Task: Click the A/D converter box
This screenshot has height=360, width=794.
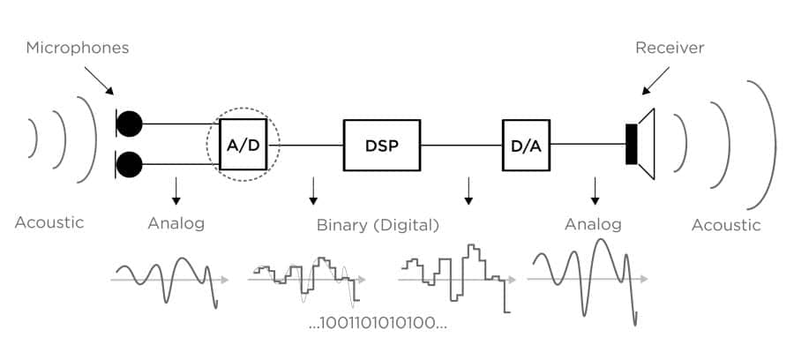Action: pyautogui.click(x=243, y=144)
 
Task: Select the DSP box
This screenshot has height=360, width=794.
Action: pyautogui.click(x=382, y=144)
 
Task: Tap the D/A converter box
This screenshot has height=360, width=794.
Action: pyautogui.click(x=526, y=144)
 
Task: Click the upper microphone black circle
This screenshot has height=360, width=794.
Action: pyautogui.click(x=130, y=124)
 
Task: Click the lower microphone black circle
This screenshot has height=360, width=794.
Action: pyautogui.click(x=130, y=164)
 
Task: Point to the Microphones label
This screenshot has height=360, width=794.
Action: pyautogui.click(x=77, y=48)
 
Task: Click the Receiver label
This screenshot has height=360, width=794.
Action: pyautogui.click(x=670, y=48)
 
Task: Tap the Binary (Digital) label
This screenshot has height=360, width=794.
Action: pyautogui.click(x=378, y=225)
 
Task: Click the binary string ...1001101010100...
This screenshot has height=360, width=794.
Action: pyautogui.click(x=378, y=322)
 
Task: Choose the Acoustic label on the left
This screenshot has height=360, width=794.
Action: pyautogui.click(x=49, y=222)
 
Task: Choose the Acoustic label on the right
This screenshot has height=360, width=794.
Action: pyautogui.click(x=725, y=225)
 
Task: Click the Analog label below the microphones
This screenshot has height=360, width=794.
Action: pyautogui.click(x=176, y=223)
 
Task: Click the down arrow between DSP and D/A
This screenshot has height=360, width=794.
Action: pyautogui.click(x=468, y=189)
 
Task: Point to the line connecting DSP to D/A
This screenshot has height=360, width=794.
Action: pyautogui.click(x=461, y=144)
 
